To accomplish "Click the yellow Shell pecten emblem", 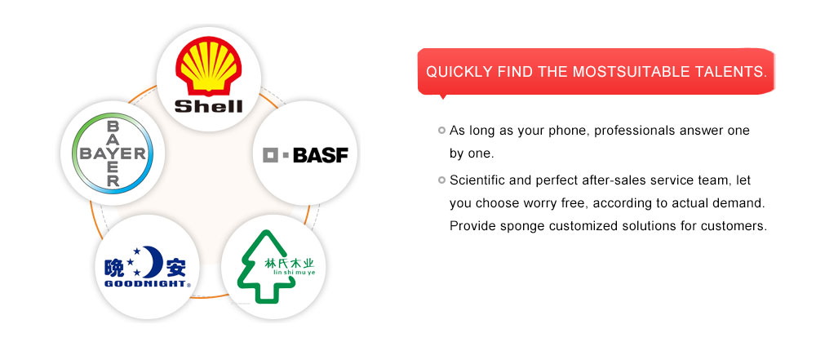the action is pyautogui.click(x=208, y=65).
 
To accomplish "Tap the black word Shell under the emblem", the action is pyautogui.click(x=208, y=106).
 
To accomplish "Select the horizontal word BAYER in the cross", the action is pyautogui.click(x=113, y=153).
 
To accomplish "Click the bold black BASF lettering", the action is pyautogui.click(x=321, y=155).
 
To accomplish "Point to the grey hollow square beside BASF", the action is pyautogui.click(x=271, y=155).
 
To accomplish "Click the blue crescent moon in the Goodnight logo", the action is pyautogui.click(x=153, y=261).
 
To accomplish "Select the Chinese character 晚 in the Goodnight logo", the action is pyautogui.click(x=114, y=267).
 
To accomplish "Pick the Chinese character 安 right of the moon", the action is pyautogui.click(x=175, y=267).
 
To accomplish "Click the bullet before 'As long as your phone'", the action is pyautogui.click(x=441, y=131).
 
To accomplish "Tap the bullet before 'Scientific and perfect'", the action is pyautogui.click(x=441, y=180).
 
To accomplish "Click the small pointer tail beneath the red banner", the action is pyautogui.click(x=443, y=96).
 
